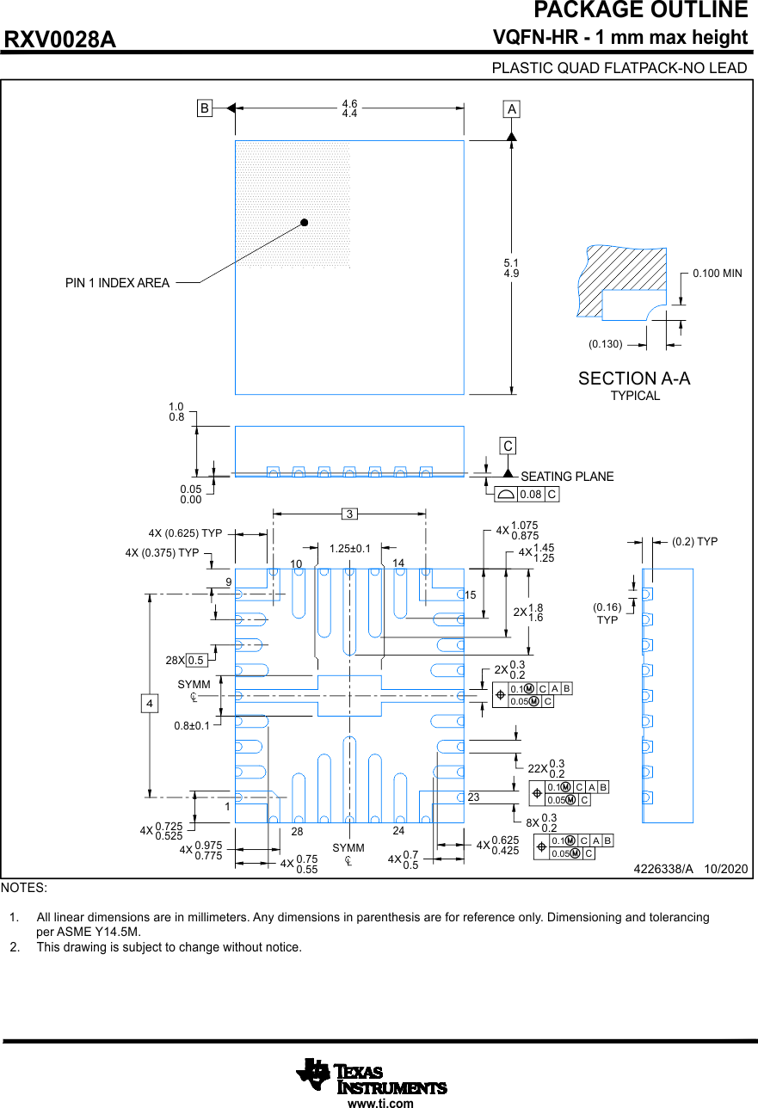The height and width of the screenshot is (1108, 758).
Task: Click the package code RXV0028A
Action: pyautogui.click(x=60, y=40)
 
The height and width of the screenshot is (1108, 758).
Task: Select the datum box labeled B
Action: pyautogui.click(x=205, y=108)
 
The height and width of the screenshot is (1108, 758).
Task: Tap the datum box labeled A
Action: pyautogui.click(x=512, y=109)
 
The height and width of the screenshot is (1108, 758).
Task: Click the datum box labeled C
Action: pyautogui.click(x=508, y=446)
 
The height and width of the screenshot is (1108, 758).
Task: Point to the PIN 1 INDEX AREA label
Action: pyautogui.click(x=117, y=283)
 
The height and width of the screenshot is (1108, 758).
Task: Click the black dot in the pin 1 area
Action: pyautogui.click(x=304, y=222)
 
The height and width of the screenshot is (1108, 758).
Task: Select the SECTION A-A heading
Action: pyautogui.click(x=634, y=379)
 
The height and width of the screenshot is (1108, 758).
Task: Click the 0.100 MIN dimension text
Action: pyautogui.click(x=717, y=274)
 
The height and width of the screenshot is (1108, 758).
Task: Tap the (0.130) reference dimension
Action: pyautogui.click(x=605, y=344)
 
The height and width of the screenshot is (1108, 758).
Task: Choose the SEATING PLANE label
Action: pyautogui.click(x=567, y=477)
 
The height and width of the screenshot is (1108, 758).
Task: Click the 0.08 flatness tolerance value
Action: pyautogui.click(x=530, y=495)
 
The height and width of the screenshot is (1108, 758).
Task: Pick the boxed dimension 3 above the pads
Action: pyautogui.click(x=349, y=514)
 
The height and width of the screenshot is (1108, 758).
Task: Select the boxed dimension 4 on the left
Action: pyautogui.click(x=150, y=704)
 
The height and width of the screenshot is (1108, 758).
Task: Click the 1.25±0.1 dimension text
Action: pyautogui.click(x=349, y=549)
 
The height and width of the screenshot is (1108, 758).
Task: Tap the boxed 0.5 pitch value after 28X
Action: pyautogui.click(x=196, y=661)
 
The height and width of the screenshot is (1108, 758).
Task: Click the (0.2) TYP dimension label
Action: pyautogui.click(x=694, y=542)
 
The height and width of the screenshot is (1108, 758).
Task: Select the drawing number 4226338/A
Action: pyautogui.click(x=663, y=870)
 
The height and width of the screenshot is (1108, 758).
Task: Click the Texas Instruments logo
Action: pyautogui.click(x=372, y=1075)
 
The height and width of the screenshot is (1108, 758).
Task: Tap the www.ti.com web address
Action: pyautogui.click(x=380, y=1103)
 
